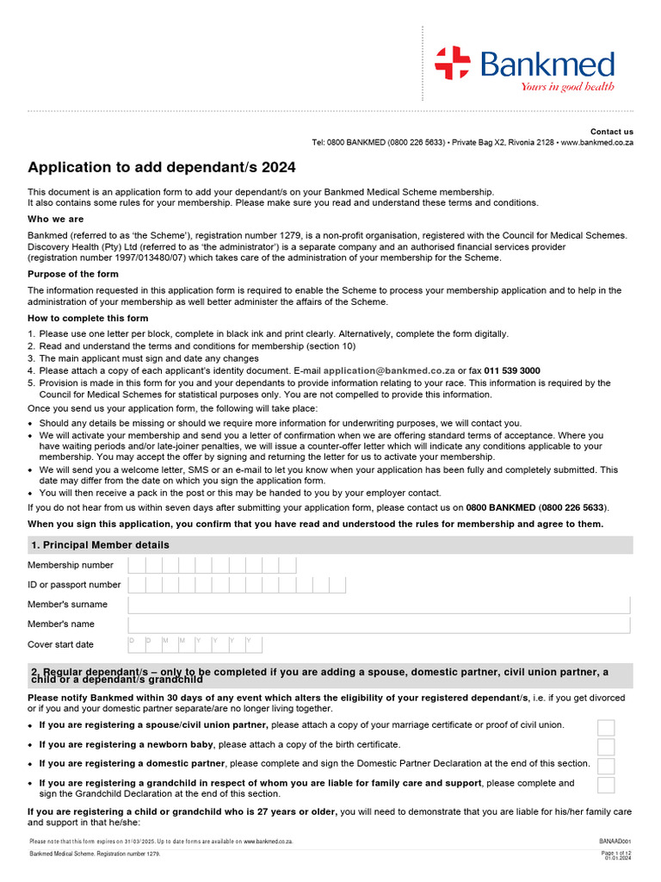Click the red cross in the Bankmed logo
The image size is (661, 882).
tap(453, 64)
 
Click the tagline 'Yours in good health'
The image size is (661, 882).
tap(567, 86)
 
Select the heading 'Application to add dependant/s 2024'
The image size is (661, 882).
tap(161, 167)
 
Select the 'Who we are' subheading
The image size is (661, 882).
tap(56, 220)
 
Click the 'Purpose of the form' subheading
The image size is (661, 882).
tap(72, 275)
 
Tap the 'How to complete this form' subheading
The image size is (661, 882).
tap(88, 319)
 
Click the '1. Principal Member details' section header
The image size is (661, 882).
tap(101, 545)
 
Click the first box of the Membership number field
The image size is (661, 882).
tap(136, 565)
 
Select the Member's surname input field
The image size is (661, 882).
tap(379, 605)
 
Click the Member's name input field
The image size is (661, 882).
tap(379, 624)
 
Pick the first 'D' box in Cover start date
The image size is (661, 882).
tap(136, 644)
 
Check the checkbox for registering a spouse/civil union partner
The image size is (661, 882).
tap(606, 727)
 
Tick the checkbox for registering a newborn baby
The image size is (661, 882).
tap(606, 747)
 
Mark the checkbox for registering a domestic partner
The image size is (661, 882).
tap(606, 766)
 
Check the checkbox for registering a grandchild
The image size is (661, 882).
tap(606, 785)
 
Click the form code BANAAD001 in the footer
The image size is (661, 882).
tap(615, 841)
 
